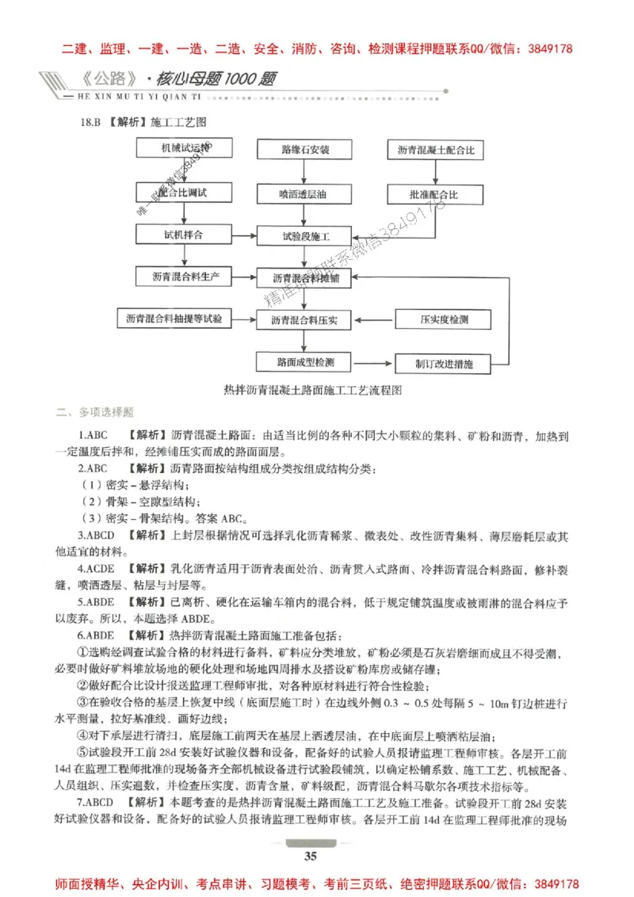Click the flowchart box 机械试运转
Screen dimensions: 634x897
185,149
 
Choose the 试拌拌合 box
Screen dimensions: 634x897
185,235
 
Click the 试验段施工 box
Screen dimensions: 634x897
305,236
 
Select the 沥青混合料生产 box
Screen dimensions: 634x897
185,277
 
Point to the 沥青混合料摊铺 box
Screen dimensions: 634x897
305,277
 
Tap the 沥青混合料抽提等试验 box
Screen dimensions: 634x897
174,319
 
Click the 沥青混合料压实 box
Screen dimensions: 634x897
305,320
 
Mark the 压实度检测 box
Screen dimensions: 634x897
444,320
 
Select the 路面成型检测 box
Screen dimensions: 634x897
305,362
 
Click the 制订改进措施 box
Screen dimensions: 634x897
444,364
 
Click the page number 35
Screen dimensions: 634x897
311,855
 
